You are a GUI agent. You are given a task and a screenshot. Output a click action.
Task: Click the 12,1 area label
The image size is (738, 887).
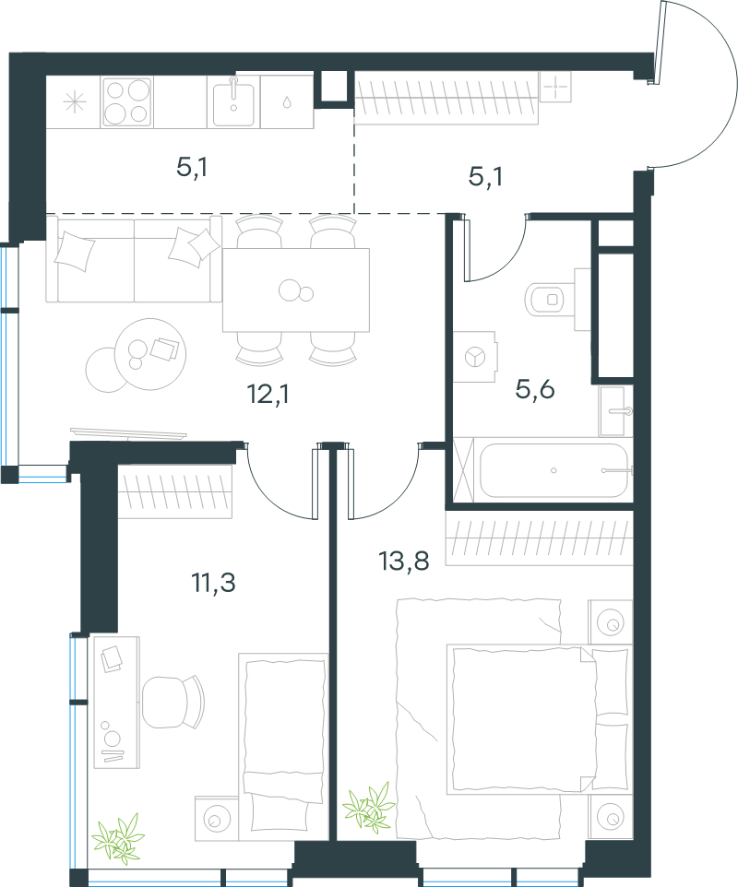point(268,394)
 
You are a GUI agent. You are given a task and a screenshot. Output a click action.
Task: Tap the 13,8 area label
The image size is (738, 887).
point(403,561)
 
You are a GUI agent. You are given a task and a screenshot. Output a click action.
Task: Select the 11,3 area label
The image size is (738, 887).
point(213,582)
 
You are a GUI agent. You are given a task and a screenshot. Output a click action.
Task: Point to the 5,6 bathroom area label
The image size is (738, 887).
point(535,389)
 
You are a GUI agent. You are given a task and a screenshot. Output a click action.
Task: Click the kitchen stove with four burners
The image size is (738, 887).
point(127,101)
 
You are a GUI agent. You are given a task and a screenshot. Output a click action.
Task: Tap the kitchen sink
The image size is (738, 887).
point(233,101)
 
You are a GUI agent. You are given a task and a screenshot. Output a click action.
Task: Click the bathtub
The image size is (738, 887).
point(553,470)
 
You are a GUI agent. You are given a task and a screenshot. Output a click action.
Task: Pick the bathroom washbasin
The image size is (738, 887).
point(615,411)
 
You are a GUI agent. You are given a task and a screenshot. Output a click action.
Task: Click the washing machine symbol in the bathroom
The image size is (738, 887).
point(475,357)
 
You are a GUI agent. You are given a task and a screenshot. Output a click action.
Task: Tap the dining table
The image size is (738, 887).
point(296,290)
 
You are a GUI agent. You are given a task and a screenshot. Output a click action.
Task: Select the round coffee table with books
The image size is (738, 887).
point(150,354)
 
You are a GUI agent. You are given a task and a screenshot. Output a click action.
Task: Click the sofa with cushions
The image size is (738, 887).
point(134,259)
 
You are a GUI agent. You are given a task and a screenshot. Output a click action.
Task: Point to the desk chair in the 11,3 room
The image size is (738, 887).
point(173,702)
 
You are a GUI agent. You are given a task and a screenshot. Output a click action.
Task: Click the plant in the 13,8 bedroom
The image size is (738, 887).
point(369,807)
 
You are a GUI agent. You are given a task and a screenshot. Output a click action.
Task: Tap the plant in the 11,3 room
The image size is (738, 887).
point(118,839)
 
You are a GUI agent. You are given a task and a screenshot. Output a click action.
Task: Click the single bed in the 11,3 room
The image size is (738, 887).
point(283,747)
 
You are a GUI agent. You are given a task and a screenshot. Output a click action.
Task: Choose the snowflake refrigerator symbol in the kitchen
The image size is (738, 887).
point(74,102)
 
